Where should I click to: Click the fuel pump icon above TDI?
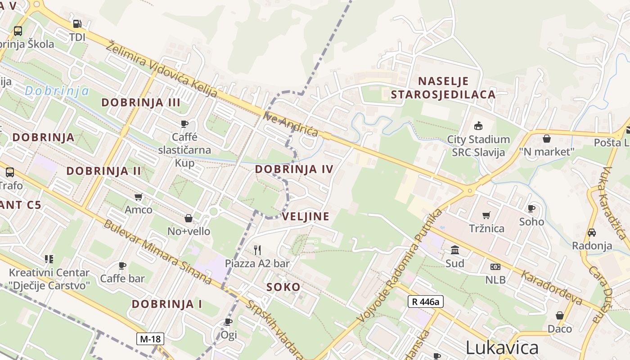tap(77, 24)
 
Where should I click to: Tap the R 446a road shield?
tap(425, 301)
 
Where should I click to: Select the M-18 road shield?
tap(150, 339)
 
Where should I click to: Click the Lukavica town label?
tap(502, 347)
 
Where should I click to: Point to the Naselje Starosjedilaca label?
tap(443, 88)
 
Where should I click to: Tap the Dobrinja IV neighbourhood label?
tap(294, 169)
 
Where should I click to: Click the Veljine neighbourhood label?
tap(306, 216)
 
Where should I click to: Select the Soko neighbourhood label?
tap(283, 287)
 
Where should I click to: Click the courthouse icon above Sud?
tap(454, 250)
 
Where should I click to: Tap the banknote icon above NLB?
tap(495, 267)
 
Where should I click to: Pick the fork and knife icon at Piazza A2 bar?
tap(257, 250)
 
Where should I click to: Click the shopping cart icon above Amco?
tap(138, 197)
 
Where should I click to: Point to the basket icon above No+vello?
tap(189, 218)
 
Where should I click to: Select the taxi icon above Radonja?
tap(592, 233)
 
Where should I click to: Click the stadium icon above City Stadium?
tap(478, 126)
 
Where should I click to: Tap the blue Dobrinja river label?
tap(57, 91)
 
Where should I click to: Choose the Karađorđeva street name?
tap(552, 287)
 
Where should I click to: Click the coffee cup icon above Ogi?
tap(229, 321)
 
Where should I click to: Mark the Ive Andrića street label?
tap(291, 124)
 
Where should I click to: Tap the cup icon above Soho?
tap(531, 208)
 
